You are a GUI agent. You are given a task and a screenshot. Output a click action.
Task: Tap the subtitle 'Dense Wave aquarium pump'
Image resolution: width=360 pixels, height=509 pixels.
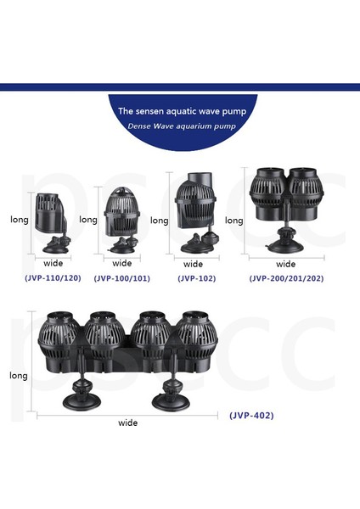pos(179,126)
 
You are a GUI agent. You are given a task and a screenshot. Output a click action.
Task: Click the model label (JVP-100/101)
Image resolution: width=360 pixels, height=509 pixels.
pos(121,277)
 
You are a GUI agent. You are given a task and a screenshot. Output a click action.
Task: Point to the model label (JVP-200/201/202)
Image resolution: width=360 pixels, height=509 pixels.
pos(285,277)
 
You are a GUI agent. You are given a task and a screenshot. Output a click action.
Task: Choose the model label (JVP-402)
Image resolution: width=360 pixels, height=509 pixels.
pos(252,416)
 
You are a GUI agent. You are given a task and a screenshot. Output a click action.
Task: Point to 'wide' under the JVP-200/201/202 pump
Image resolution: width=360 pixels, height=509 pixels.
pos(286,264)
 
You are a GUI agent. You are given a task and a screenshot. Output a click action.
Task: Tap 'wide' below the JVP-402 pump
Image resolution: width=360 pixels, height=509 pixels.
pos(128,422)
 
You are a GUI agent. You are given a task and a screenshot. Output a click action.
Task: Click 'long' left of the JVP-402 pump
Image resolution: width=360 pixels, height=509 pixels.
pos(19,374)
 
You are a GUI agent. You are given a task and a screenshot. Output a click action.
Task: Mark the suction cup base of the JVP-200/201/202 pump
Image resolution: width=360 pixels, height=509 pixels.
pos(284,244)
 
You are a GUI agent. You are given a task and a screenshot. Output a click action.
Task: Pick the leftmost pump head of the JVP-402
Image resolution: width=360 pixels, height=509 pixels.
pos(60,337)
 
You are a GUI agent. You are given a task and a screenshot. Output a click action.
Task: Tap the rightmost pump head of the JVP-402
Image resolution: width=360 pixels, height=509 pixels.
pos(195,337)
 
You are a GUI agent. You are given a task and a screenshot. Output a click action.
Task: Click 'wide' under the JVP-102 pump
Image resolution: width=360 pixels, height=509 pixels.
pos(194,264)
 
